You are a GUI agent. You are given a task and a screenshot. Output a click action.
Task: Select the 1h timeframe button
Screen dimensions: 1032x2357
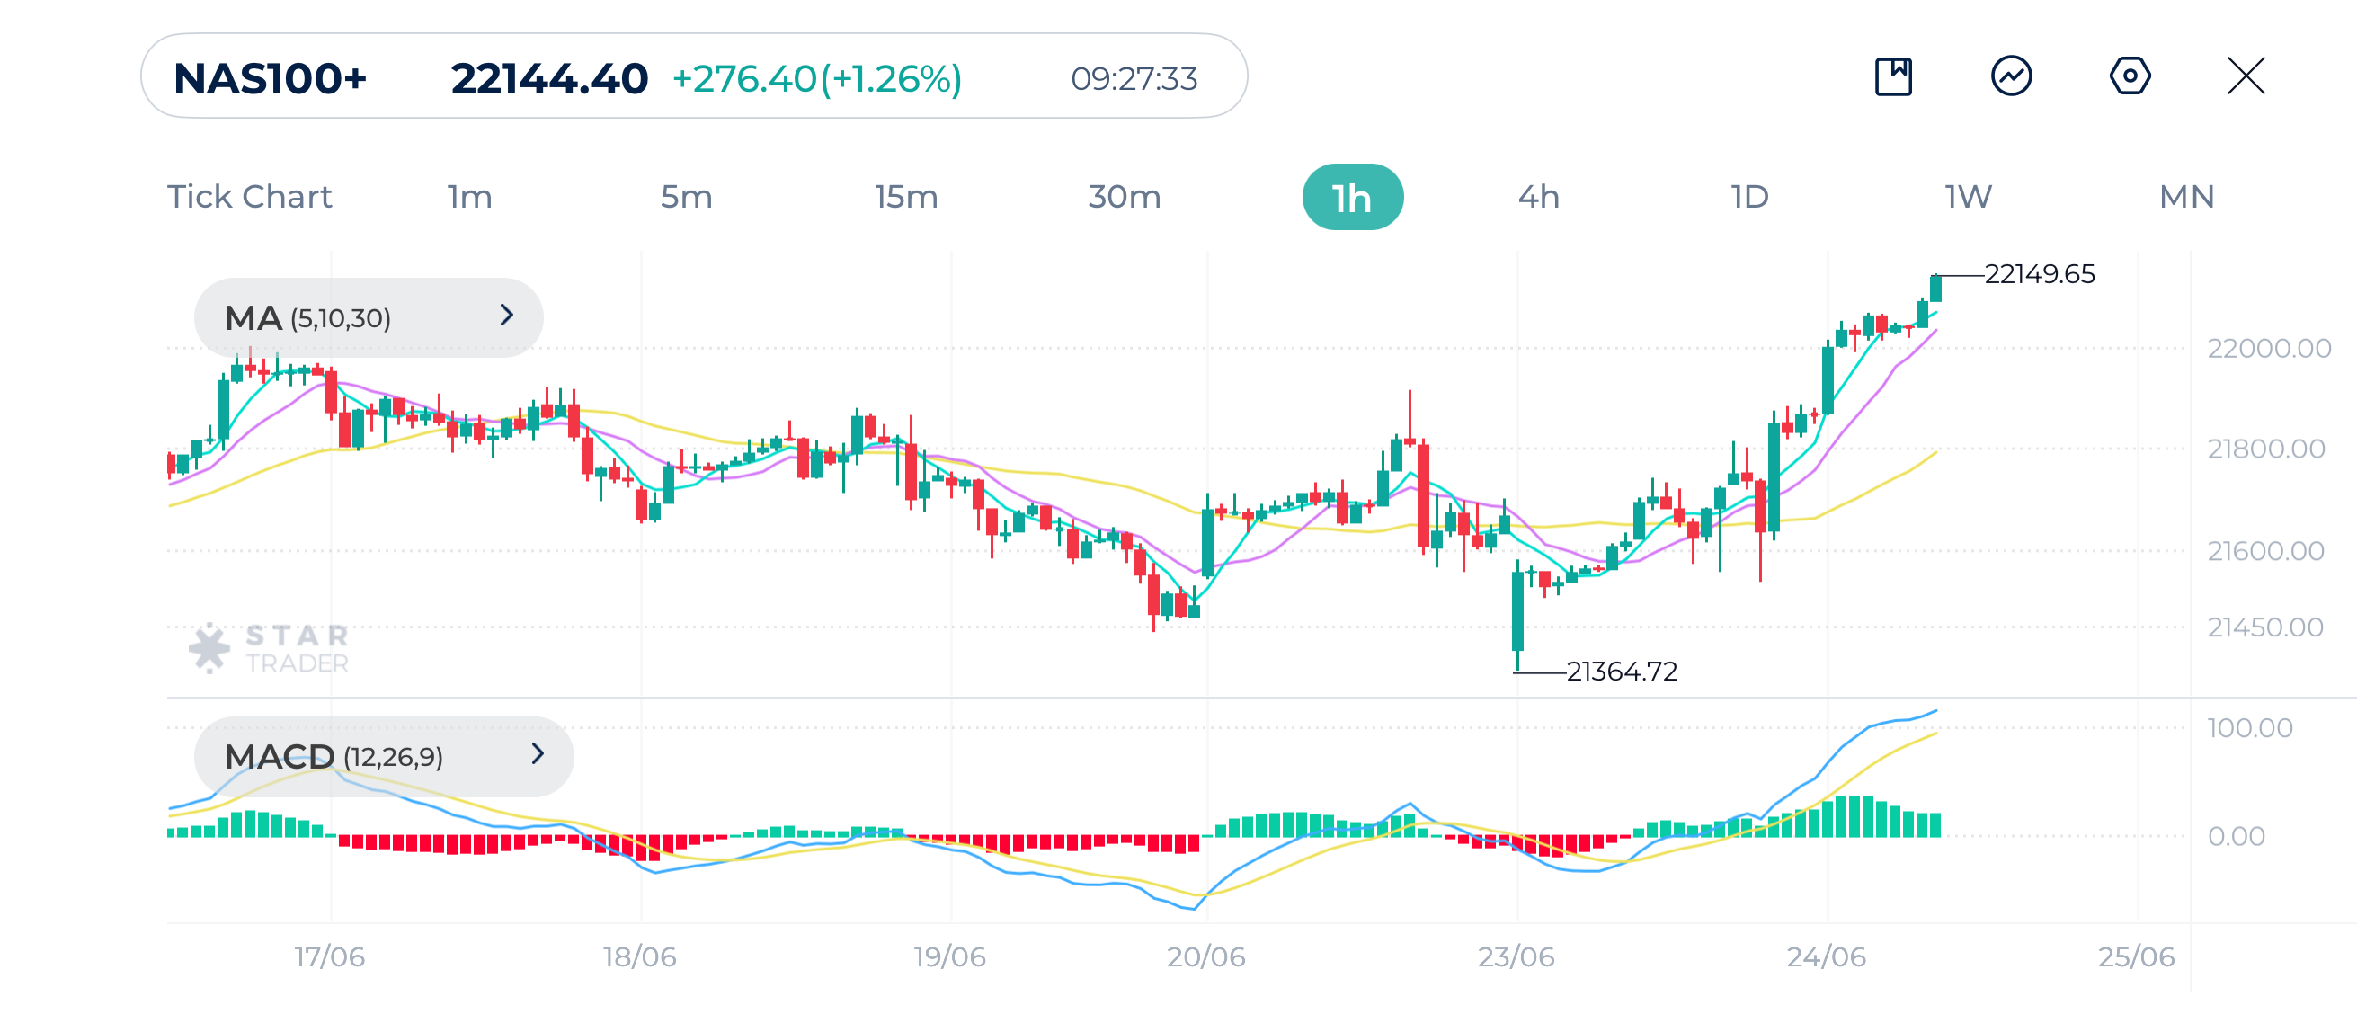[1351, 198]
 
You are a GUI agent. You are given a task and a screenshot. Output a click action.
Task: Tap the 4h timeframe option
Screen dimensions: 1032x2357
[1538, 198]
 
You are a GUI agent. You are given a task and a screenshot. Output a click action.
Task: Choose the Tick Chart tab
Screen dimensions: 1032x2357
[249, 198]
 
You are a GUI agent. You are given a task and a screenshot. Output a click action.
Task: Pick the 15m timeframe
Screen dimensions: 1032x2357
[905, 198]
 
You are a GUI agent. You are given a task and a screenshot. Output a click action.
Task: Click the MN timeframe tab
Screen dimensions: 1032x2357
[2186, 198]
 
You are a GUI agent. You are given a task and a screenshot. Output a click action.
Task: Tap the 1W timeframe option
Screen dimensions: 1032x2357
[1968, 198]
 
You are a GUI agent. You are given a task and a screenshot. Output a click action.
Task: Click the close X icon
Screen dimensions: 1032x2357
[2246, 76]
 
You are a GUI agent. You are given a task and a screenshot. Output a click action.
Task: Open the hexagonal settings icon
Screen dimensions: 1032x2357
[2130, 76]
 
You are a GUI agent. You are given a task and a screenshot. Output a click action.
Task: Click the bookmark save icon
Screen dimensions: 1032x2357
[1893, 76]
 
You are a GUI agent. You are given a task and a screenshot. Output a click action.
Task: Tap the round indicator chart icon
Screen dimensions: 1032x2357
[2011, 76]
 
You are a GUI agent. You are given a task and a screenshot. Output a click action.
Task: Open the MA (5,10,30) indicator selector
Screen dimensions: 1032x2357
[368, 317]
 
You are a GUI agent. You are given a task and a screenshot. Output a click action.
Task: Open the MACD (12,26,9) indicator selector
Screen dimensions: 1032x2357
[383, 756]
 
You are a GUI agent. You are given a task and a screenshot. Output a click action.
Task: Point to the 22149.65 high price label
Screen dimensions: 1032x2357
[2039, 274]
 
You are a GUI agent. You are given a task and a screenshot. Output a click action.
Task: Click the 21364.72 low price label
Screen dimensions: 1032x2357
[1622, 672]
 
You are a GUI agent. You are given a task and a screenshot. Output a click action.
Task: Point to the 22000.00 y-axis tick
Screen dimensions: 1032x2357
[2268, 349]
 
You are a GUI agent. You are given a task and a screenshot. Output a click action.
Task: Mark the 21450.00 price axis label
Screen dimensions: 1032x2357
[2264, 627]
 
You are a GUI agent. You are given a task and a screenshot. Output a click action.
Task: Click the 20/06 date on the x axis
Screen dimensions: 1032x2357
[1205, 957]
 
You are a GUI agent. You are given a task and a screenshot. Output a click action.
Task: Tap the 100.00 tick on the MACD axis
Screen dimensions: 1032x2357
[2249, 728]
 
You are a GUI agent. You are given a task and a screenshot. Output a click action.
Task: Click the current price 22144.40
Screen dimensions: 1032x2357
[549, 79]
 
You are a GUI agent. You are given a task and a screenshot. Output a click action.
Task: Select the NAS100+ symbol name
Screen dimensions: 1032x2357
[270, 79]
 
